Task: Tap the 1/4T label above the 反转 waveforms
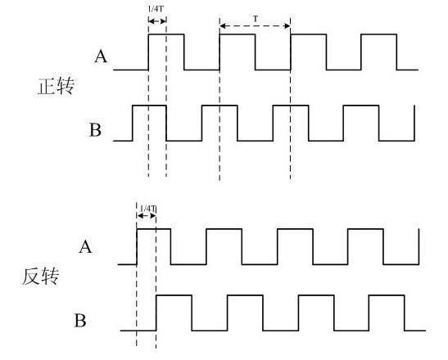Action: click(147, 209)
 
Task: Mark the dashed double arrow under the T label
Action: click(256, 26)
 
